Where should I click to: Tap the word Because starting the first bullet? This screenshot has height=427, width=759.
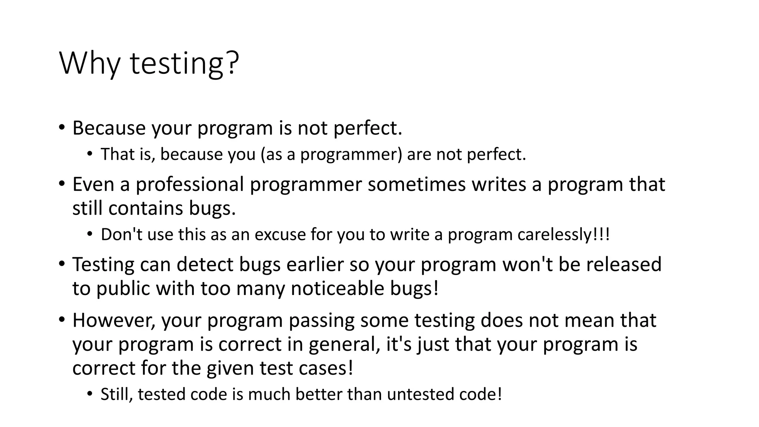coord(109,128)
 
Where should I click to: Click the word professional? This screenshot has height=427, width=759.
coord(189,184)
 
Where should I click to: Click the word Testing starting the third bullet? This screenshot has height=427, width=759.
coord(103,265)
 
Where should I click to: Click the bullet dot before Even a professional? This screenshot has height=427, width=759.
coord(62,183)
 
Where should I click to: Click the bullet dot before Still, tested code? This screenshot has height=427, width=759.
coord(89,394)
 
